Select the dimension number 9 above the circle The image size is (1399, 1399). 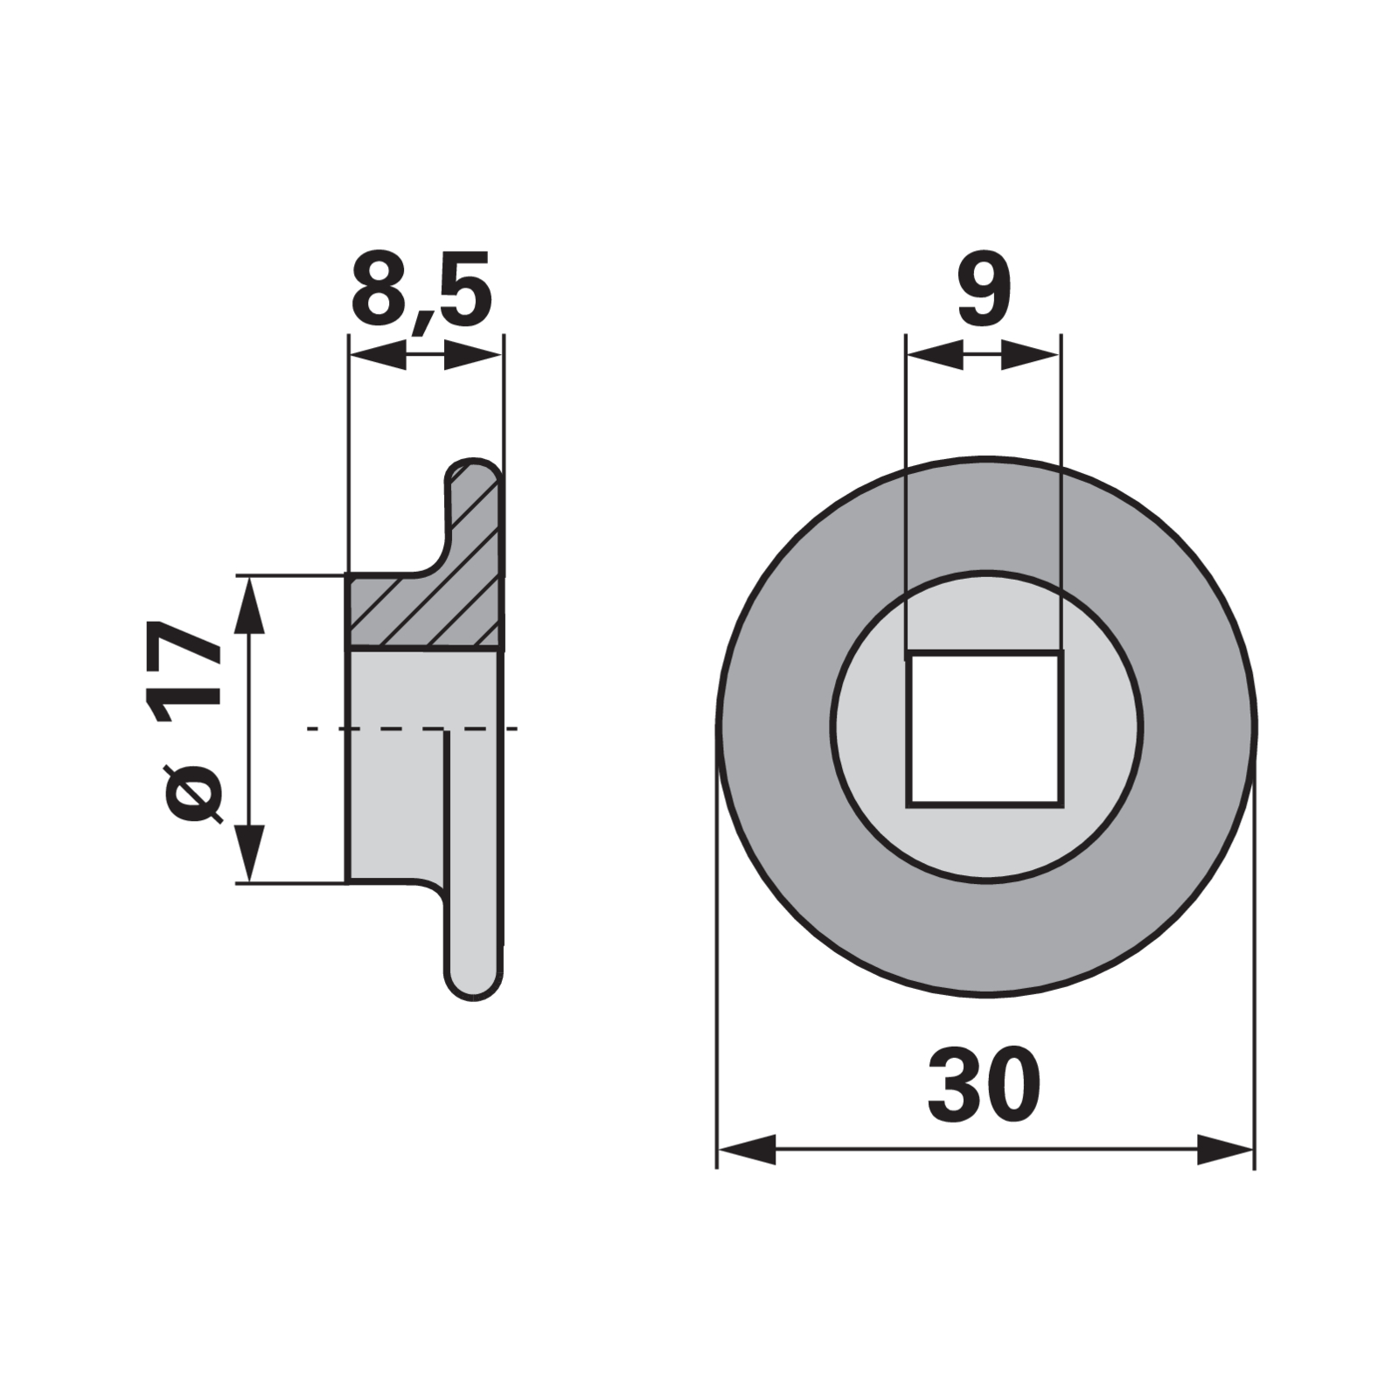point(985,290)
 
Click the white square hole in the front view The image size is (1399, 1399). point(985,727)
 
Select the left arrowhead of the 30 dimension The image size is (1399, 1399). point(746,1149)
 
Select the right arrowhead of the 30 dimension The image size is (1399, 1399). point(1225,1149)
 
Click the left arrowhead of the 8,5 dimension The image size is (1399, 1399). point(378,355)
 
